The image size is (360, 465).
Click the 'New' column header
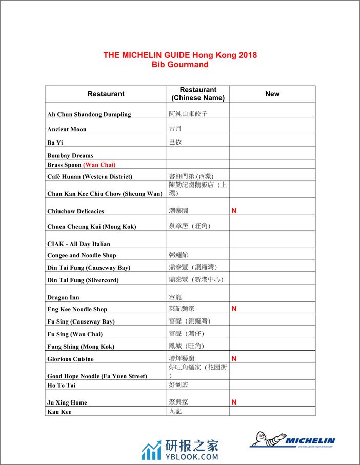tap(272, 94)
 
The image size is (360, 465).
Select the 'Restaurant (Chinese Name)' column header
tap(198, 94)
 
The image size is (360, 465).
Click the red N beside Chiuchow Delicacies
tap(234, 211)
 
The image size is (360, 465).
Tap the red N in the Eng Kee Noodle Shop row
tap(234, 309)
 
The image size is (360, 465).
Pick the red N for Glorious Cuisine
tap(234, 359)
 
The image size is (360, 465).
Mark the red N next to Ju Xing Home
tap(234, 402)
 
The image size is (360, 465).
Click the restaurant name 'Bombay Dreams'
tap(70, 155)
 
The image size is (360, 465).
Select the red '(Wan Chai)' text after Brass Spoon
tap(99, 165)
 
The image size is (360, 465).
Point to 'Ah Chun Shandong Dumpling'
tap(89, 114)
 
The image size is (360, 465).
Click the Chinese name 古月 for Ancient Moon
tap(175, 129)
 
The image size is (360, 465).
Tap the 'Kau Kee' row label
tap(59, 412)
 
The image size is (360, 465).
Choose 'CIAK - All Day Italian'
tap(78, 244)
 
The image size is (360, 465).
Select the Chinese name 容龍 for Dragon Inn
tap(175, 297)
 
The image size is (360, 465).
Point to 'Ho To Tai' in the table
tap(62, 385)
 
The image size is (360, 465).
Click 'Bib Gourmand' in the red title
tap(180, 65)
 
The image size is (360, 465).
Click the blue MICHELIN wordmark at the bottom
tap(310, 440)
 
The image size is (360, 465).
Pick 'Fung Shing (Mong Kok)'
tap(81, 347)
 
